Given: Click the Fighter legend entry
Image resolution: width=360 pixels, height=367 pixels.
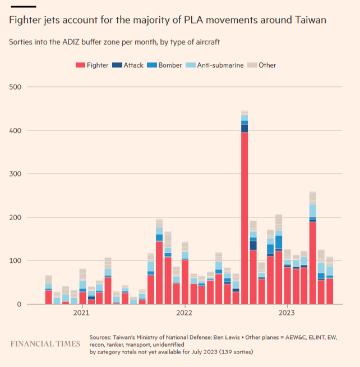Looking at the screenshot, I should (x=93, y=65).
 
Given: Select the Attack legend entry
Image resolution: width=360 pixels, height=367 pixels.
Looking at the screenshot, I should (x=128, y=65).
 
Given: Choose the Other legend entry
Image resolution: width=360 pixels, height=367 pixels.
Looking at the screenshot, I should (x=263, y=65).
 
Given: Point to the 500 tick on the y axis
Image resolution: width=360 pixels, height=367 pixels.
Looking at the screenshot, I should (x=16, y=87).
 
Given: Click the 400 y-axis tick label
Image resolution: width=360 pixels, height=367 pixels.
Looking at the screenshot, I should (x=16, y=131).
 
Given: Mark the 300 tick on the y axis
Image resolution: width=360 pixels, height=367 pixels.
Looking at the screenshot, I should (x=16, y=174).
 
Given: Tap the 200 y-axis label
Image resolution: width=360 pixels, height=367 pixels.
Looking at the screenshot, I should (x=16, y=217).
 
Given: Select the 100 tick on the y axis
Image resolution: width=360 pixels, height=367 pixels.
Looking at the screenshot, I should (x=16, y=261).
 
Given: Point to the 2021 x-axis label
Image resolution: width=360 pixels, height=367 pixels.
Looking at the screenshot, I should (x=83, y=313).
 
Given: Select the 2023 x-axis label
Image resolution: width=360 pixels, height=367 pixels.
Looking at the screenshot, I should (x=287, y=313).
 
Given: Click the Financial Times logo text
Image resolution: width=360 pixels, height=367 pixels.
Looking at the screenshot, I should (x=45, y=343).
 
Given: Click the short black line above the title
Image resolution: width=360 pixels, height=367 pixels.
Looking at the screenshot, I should (x=23, y=6).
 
